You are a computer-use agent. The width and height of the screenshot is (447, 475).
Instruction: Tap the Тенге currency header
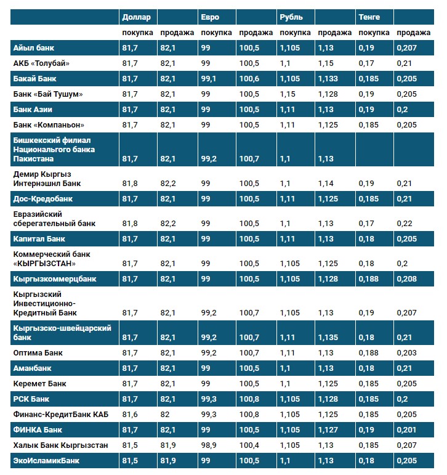tap(369, 17)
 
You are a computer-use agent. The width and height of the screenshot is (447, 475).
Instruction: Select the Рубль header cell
tap(291, 17)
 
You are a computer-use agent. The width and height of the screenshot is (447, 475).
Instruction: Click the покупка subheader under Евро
tap(216, 32)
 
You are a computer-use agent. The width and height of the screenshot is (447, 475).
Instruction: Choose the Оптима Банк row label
tap(38, 353)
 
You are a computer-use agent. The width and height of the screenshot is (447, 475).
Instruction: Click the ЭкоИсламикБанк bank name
tap(46, 460)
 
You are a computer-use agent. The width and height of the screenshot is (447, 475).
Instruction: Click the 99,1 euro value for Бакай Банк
tap(209, 79)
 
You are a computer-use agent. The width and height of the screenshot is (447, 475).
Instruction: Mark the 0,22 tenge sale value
tap(404, 223)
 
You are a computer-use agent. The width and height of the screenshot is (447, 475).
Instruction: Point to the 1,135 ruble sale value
tap(328, 338)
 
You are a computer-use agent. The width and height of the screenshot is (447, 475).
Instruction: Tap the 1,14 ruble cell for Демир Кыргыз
tap(326, 184)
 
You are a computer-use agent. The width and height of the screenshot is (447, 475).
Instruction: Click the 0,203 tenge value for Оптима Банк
tap(406, 353)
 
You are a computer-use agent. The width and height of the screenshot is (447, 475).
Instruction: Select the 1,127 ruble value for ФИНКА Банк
tap(328, 429)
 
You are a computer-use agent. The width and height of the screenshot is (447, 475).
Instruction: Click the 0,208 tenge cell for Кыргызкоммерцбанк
tap(406, 279)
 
